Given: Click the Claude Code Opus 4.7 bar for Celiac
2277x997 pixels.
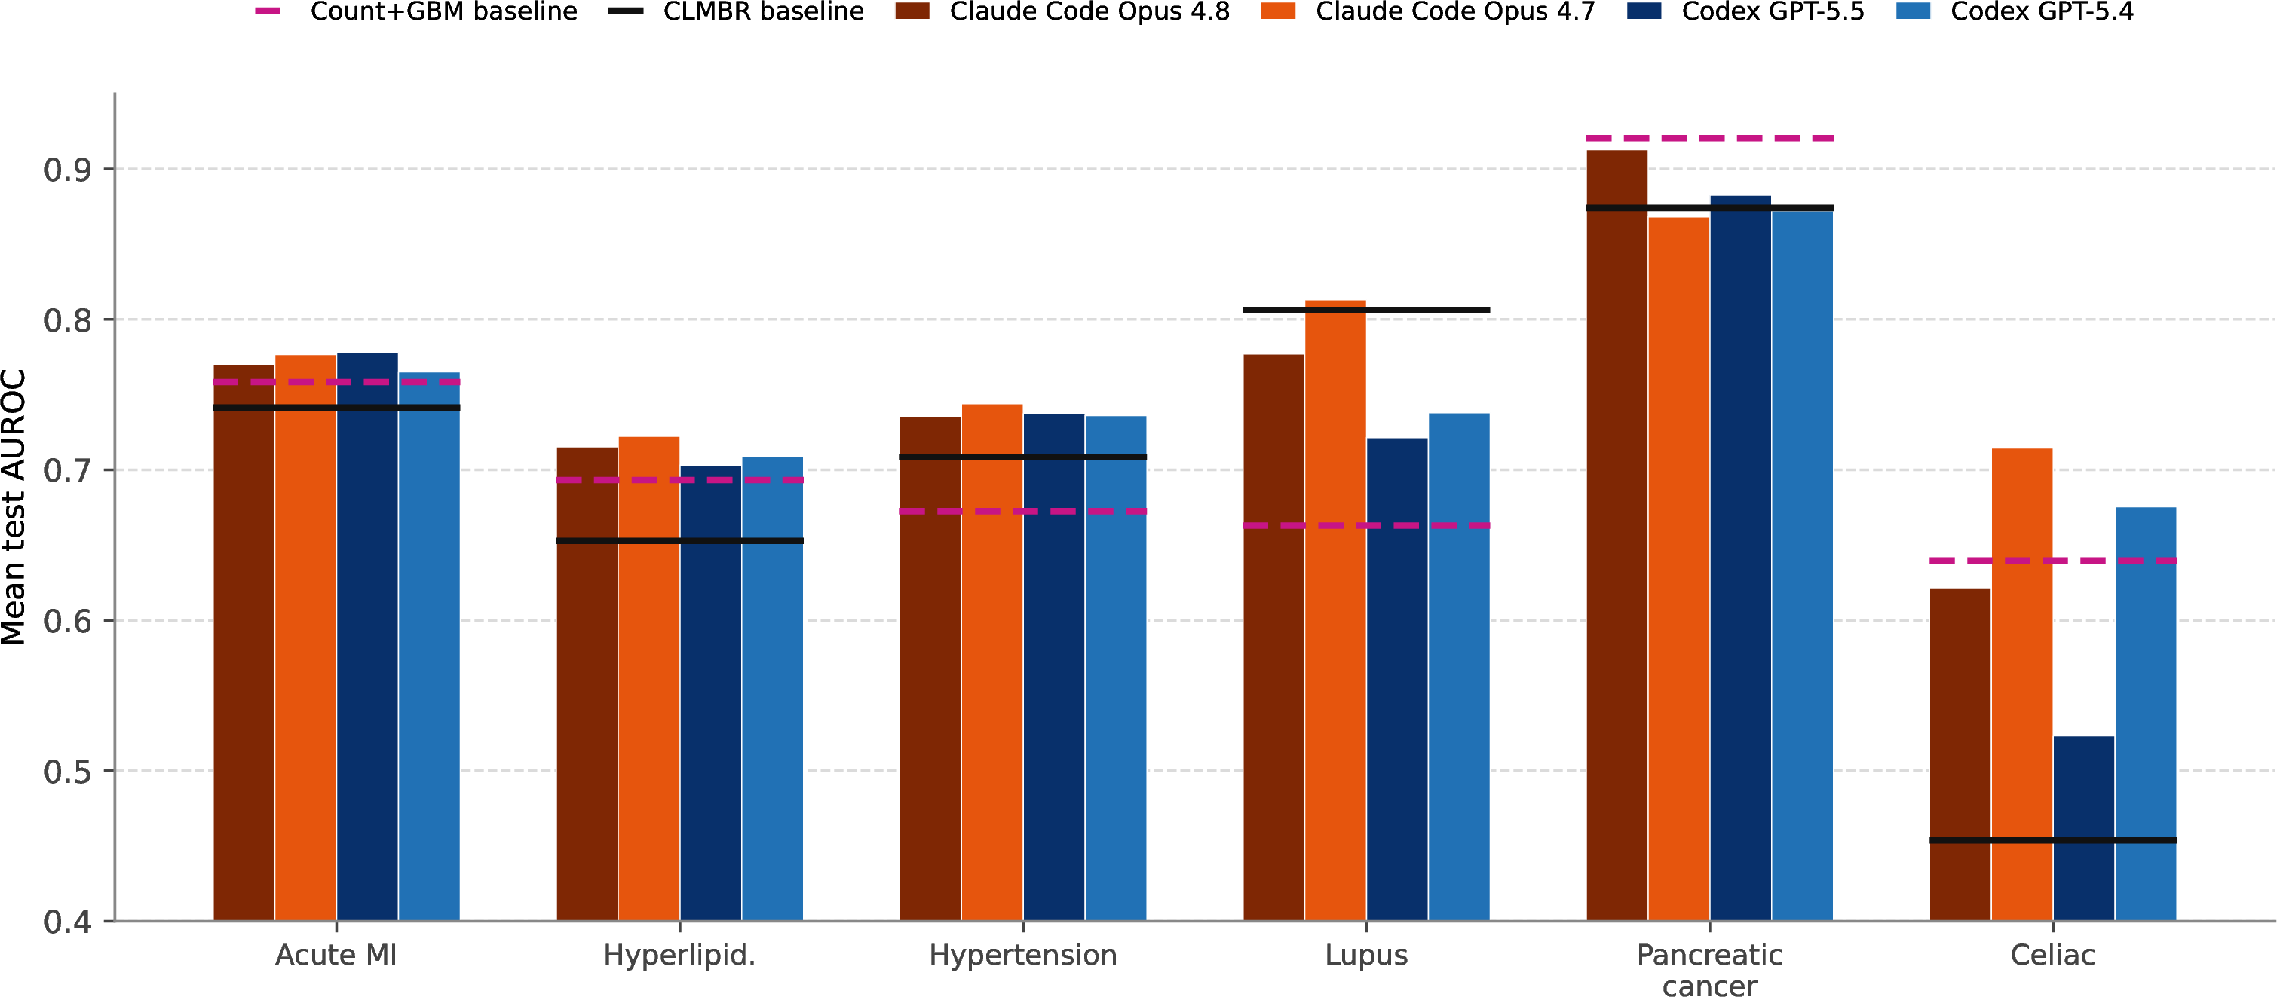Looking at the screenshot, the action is pos(2021,685).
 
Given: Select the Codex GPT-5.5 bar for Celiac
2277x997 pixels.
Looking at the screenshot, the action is pos(2083,829).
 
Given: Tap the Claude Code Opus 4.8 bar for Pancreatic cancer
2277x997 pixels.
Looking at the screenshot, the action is pos(1617,536).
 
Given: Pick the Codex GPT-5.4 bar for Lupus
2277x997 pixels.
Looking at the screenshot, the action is pos(1458,668).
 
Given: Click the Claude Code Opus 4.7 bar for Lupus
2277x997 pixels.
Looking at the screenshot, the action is pos(1335,610).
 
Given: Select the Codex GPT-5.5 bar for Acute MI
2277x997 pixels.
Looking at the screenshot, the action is pos(367,638).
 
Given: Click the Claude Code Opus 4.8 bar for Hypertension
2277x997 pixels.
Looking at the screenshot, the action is pos(930,669).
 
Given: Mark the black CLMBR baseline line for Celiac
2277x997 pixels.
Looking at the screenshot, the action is pos(2052,840).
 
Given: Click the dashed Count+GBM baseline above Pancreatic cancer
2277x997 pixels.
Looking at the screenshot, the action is pos(1709,138).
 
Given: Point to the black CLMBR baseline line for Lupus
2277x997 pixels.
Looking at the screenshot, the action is pos(1366,310).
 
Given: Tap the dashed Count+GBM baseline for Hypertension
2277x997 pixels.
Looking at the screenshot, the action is pos(1022,511).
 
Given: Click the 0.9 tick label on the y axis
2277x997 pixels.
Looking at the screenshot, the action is pos(68,170).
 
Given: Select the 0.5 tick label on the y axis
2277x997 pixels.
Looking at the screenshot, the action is pos(68,772).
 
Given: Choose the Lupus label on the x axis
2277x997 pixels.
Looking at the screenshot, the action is pos(1366,955).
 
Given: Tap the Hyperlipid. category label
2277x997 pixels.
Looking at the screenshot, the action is pos(680,956).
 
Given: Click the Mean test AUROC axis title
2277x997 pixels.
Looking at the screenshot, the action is pos(14,506).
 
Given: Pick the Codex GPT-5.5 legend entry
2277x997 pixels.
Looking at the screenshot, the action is pos(1745,11).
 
